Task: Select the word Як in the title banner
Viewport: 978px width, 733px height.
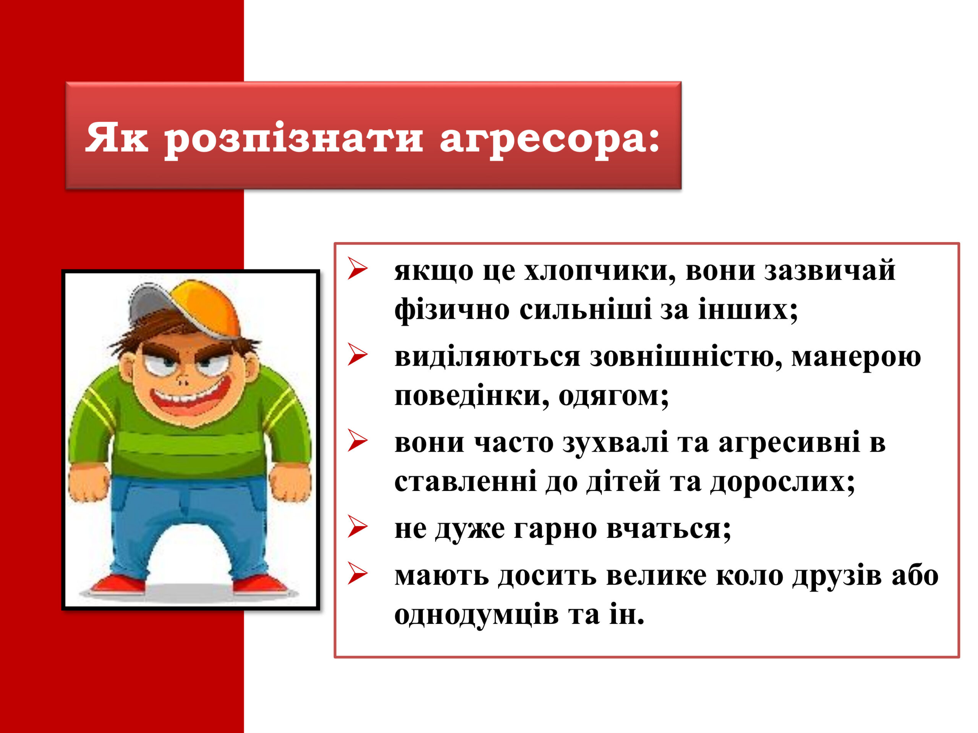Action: click(116, 137)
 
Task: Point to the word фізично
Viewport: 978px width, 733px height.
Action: click(452, 310)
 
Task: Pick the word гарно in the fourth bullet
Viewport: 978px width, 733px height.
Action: click(555, 529)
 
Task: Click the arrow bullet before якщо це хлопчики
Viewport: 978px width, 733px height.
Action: click(357, 269)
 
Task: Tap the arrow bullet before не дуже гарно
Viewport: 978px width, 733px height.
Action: click(357, 526)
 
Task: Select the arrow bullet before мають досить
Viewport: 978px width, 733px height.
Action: click(357, 573)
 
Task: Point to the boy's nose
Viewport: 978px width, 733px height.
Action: click(182, 379)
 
